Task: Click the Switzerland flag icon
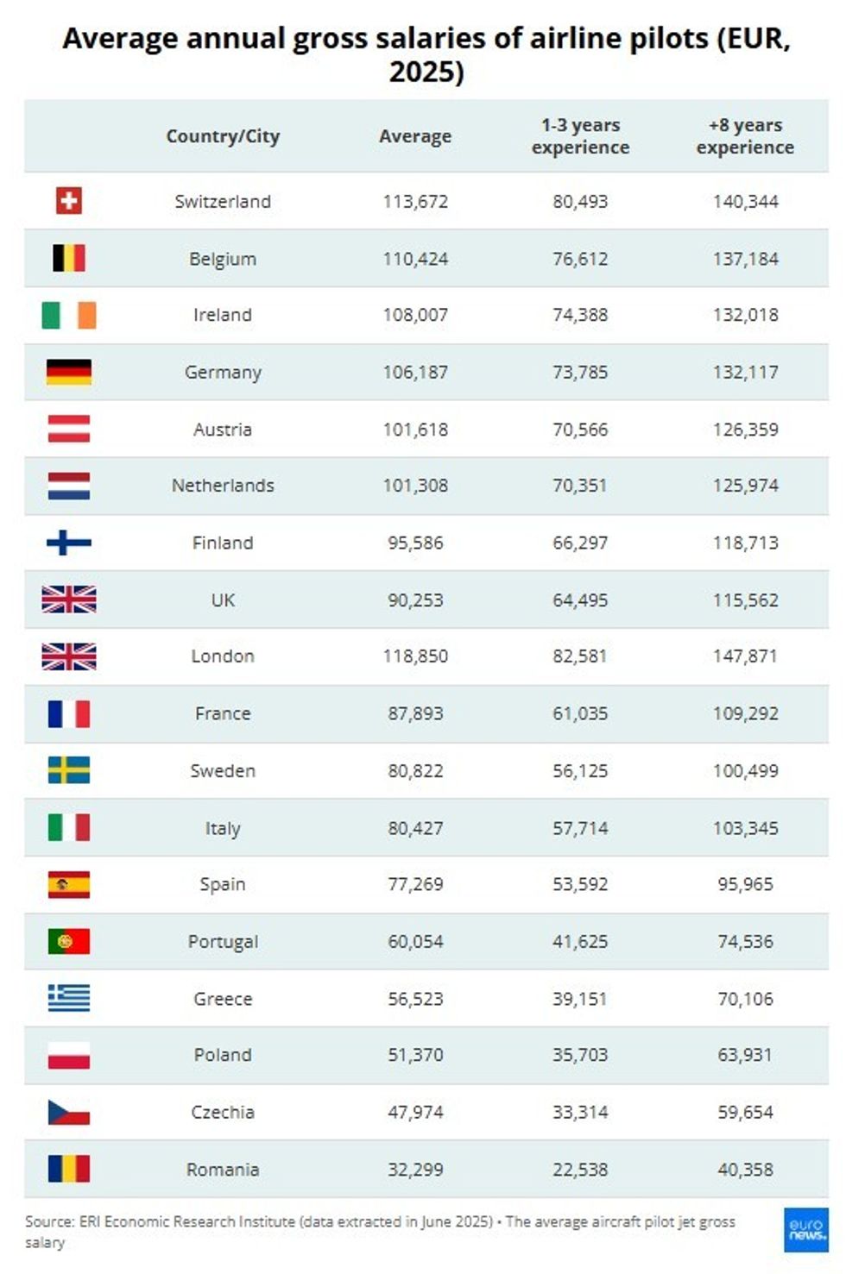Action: [x=69, y=201]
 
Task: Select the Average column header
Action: [x=415, y=136]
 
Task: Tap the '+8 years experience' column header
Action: [x=745, y=136]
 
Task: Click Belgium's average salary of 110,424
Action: [x=415, y=259]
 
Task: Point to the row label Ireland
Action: [x=223, y=315]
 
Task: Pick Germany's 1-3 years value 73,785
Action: [x=580, y=373]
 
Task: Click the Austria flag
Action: [x=69, y=429]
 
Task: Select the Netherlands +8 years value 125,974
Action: [x=745, y=486]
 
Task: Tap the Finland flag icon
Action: [x=69, y=543]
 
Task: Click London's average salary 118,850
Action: [x=415, y=656]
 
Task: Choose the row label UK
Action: [x=223, y=600]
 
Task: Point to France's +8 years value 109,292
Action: [x=745, y=714]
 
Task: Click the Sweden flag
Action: [x=69, y=770]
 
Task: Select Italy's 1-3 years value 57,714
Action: [x=580, y=829]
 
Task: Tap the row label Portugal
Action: [x=223, y=942]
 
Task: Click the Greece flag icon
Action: [x=69, y=998]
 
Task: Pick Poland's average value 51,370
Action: [x=415, y=1055]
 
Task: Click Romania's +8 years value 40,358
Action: [x=745, y=1170]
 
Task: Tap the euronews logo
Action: [x=806, y=1229]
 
